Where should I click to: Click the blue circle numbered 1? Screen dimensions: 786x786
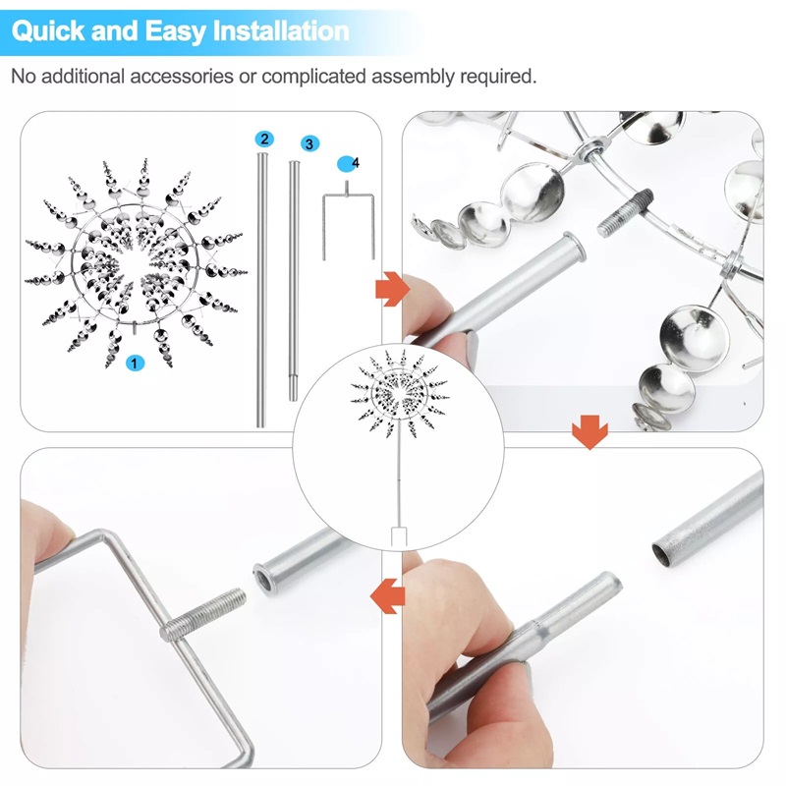[136, 364]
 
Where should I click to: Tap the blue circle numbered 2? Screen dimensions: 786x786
[262, 139]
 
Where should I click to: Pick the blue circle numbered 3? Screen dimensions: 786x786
[309, 143]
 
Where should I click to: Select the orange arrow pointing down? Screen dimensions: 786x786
[589, 431]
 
